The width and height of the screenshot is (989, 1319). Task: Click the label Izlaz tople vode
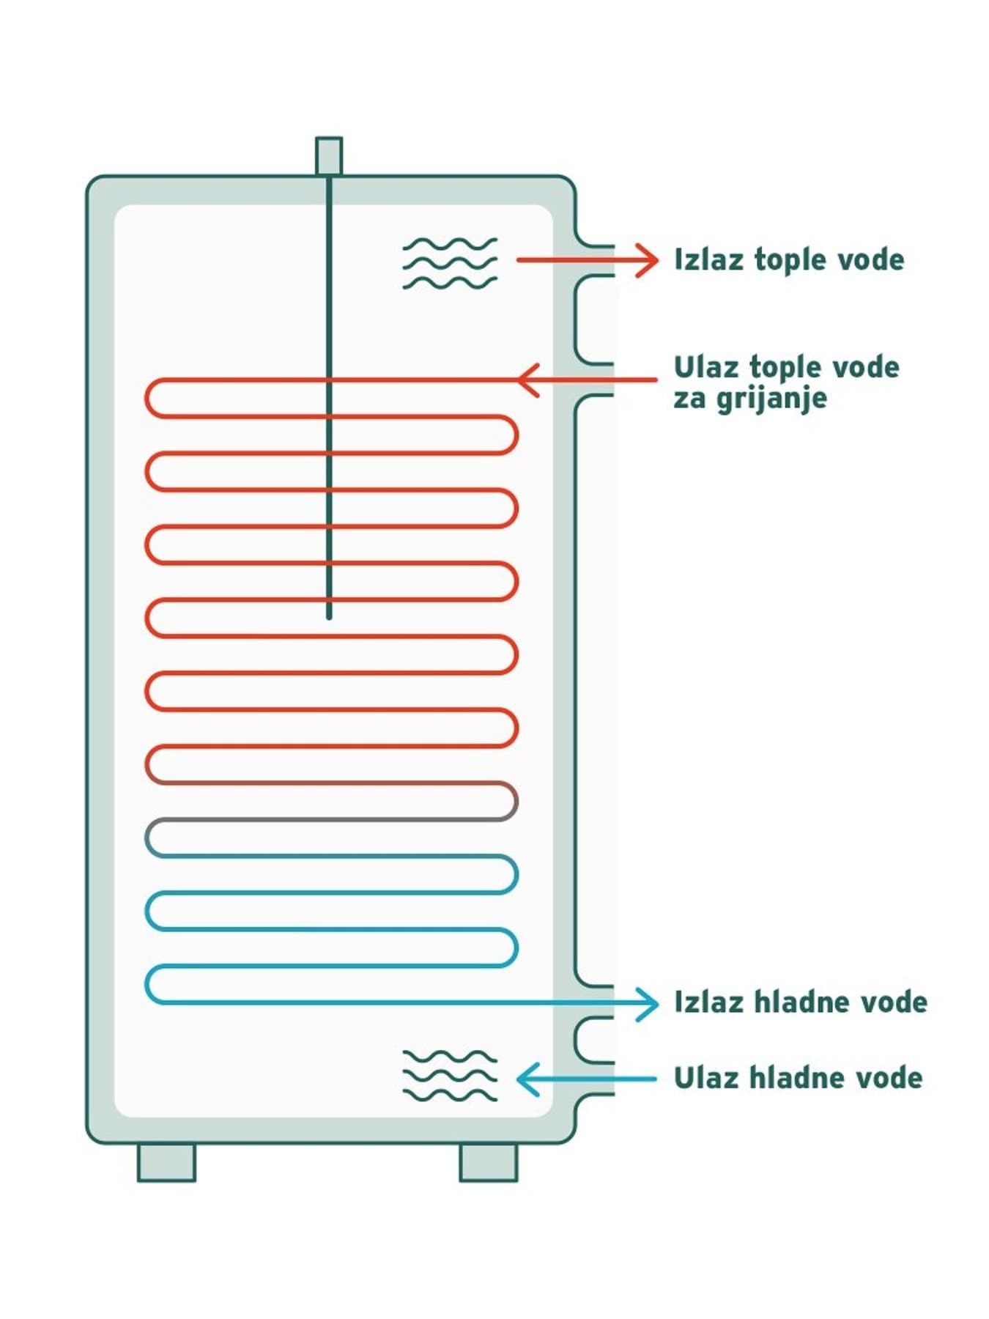point(789,259)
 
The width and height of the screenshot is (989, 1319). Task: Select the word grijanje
point(771,399)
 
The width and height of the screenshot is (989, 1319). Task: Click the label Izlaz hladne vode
point(800,1002)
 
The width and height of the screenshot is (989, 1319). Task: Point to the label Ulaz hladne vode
point(798,1078)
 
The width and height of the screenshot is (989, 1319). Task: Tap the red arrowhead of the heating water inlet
point(527,380)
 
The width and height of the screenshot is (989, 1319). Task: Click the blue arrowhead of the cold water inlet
point(527,1079)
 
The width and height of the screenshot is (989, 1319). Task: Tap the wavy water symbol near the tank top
point(450,263)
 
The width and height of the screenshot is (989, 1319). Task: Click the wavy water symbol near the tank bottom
point(450,1076)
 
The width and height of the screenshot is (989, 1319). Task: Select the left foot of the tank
point(166,1162)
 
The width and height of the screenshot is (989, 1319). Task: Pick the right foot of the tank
point(489,1162)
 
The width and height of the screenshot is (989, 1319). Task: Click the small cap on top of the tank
point(329,156)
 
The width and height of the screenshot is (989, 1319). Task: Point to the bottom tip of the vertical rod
point(329,618)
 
